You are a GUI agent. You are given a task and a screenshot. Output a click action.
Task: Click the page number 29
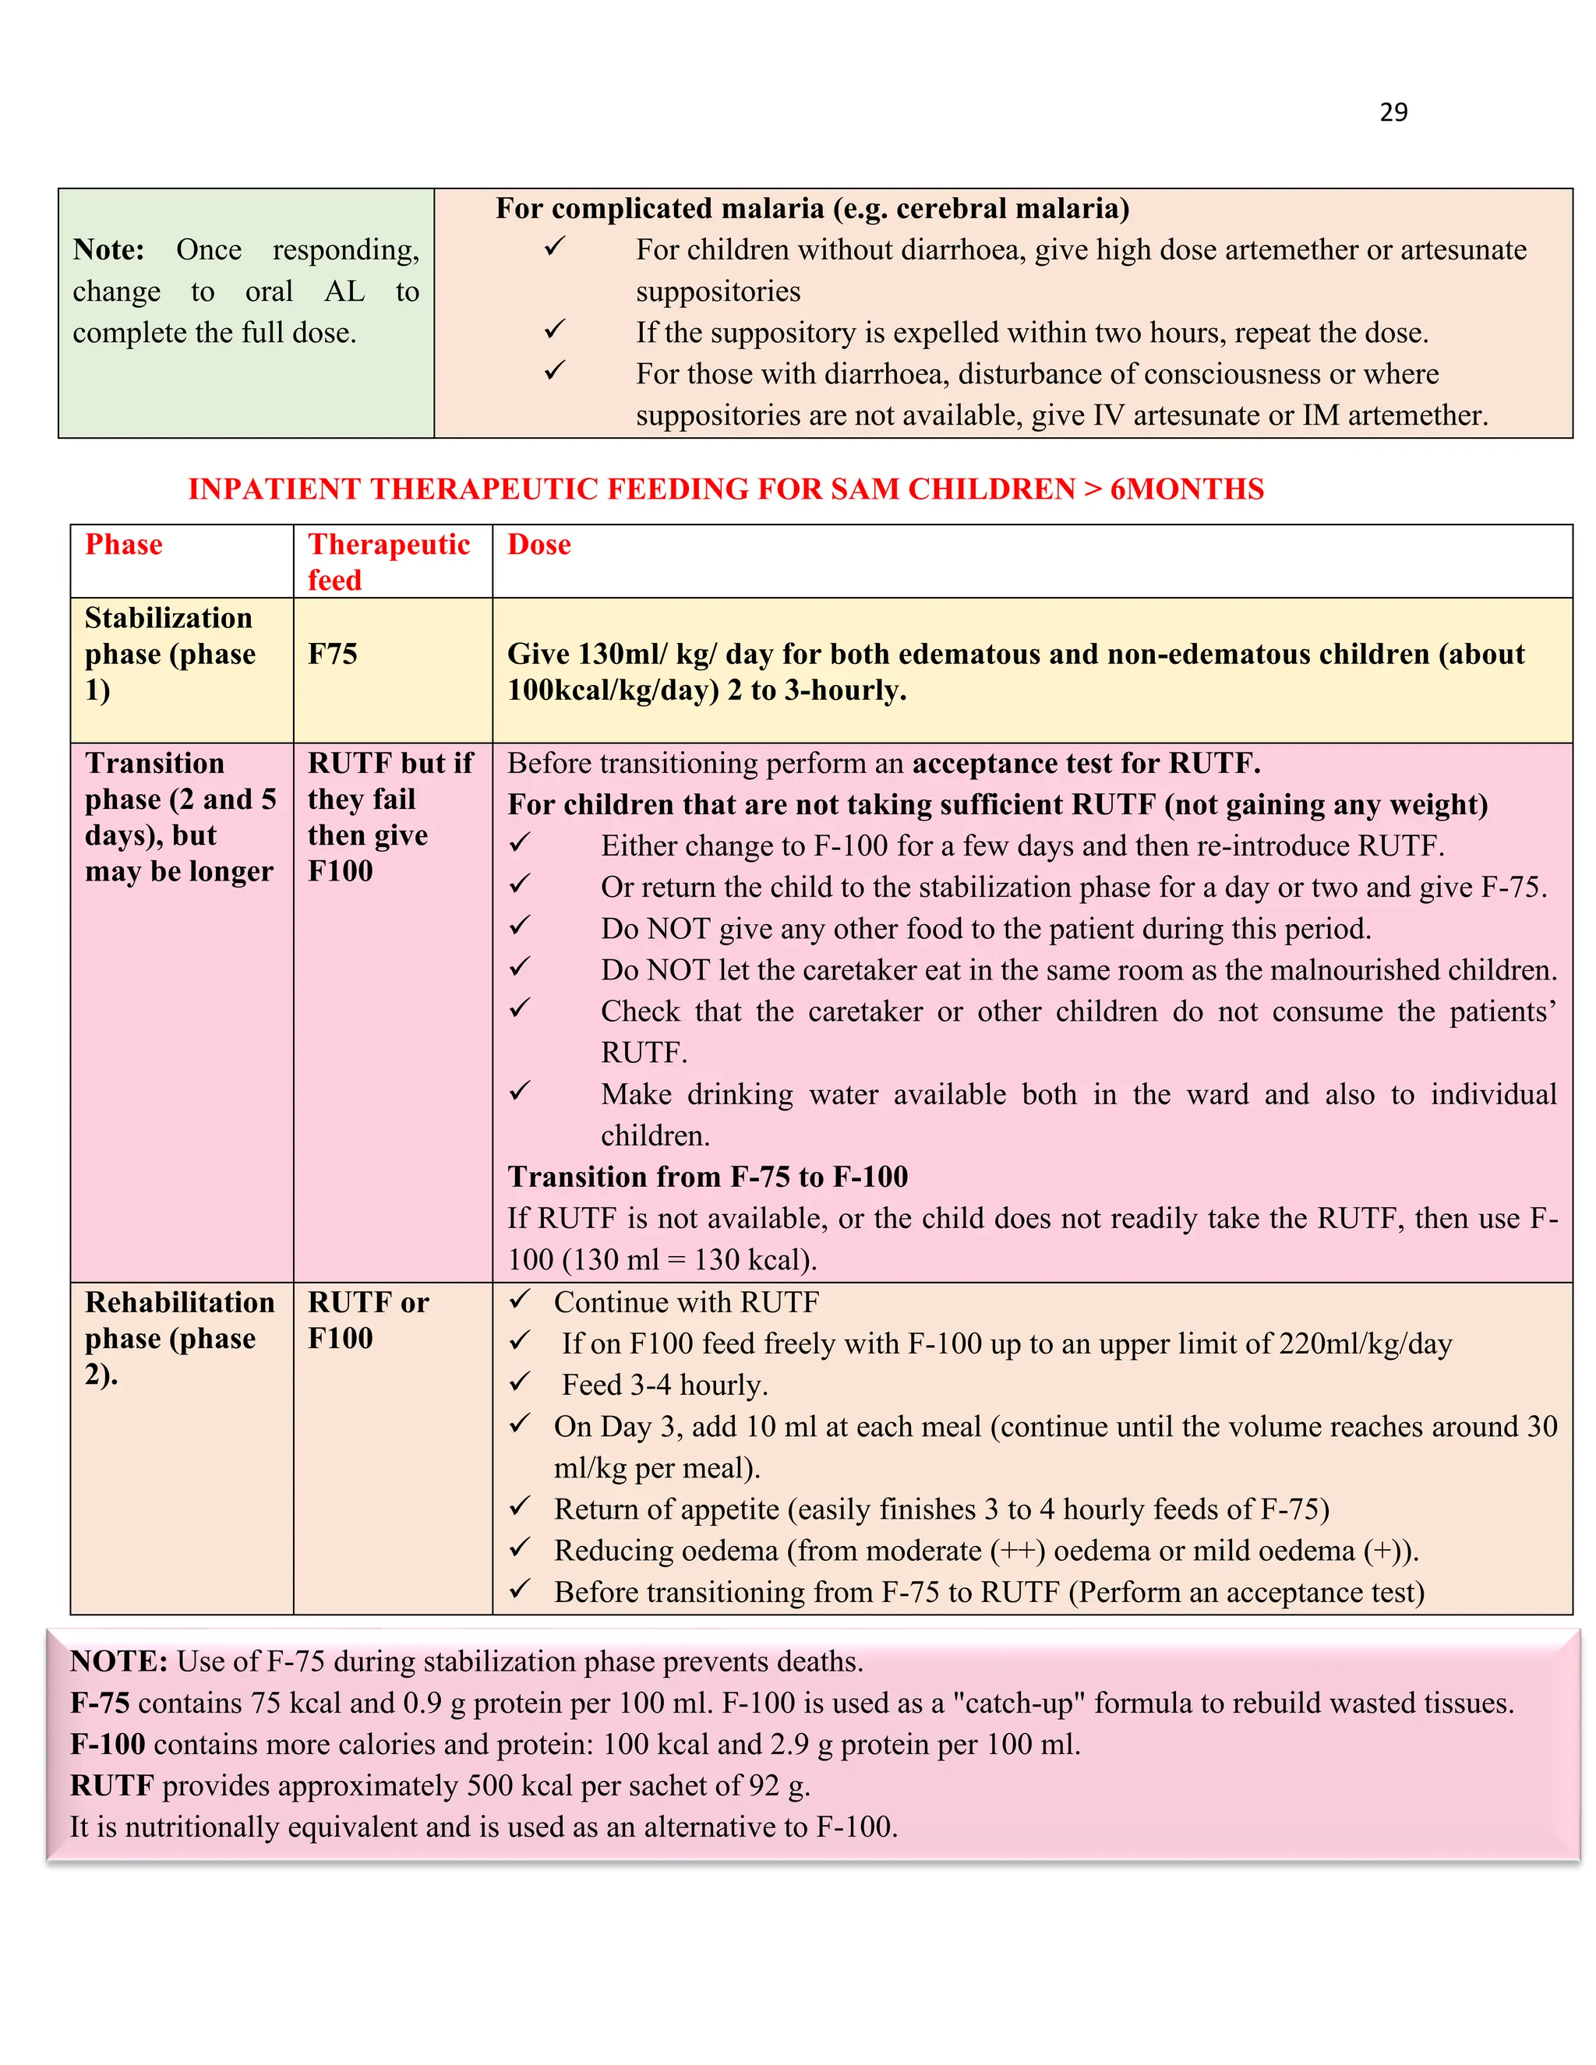(1393, 112)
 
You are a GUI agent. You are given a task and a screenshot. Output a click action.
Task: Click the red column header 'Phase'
(124, 545)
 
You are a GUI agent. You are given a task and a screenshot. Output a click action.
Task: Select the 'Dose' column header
(539, 545)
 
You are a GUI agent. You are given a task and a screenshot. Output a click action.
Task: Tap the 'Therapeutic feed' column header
(389, 562)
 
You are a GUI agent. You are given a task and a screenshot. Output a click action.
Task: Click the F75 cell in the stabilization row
(333, 655)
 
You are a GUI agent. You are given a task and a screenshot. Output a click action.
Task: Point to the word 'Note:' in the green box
(109, 249)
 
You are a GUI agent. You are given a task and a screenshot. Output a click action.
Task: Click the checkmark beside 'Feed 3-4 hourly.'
(520, 1382)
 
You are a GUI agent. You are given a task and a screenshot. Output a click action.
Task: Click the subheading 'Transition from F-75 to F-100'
(708, 1177)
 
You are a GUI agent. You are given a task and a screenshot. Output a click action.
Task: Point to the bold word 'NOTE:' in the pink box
(119, 1661)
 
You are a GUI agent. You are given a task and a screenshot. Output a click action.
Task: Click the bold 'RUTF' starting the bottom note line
(111, 1785)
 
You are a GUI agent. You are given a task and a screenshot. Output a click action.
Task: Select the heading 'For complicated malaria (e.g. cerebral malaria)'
(812, 209)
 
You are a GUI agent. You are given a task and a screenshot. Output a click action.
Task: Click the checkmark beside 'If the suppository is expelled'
(555, 330)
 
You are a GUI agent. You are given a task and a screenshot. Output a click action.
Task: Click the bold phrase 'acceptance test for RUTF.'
(1086, 763)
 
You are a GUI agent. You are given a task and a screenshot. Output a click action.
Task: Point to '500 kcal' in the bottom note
(520, 1785)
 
